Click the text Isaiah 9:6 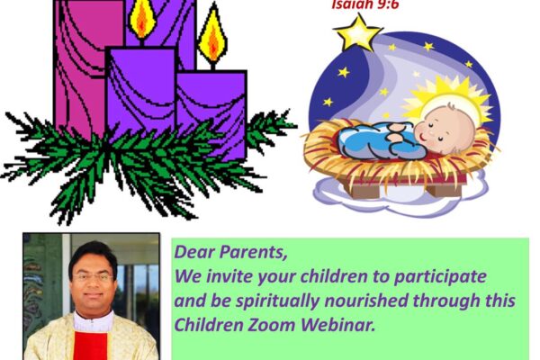pos(365,4)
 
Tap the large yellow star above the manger pos(358,33)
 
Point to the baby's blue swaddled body pos(376,140)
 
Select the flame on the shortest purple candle pos(212,38)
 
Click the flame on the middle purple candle pos(141,18)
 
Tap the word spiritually pos(277,301)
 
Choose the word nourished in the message pos(366,300)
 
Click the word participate pos(440,277)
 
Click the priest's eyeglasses pos(93,277)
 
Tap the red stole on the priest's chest pos(91,346)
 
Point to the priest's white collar pos(93,321)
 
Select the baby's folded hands pos(396,133)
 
